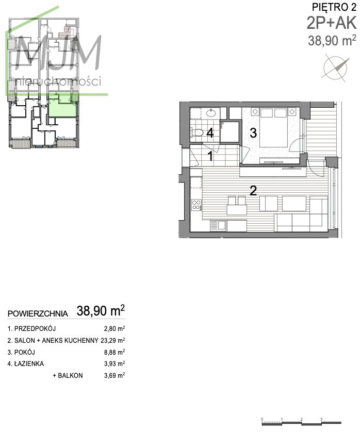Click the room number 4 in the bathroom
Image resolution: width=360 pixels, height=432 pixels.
pos(210,133)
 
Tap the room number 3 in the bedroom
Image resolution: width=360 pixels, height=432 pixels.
pos(253,133)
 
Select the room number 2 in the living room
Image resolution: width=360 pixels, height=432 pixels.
pos(253,190)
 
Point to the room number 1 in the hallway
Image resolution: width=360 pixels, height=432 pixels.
pos(210,156)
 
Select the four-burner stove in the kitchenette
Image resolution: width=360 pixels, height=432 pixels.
pos(197,205)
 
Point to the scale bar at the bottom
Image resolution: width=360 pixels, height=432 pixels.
pos(301,422)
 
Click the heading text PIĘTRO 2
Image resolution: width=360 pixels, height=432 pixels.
pos(334,7)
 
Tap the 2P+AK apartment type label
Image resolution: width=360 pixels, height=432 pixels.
pos(332,23)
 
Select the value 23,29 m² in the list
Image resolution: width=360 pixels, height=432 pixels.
pos(113,340)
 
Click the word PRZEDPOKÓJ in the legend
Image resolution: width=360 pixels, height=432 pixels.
pos(35,328)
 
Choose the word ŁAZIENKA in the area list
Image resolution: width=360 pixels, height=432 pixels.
pos(29,363)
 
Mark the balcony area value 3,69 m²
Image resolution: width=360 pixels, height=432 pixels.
pos(114,375)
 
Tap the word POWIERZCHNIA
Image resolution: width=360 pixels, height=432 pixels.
pos(38,313)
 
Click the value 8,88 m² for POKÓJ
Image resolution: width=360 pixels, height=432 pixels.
pos(114,352)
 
